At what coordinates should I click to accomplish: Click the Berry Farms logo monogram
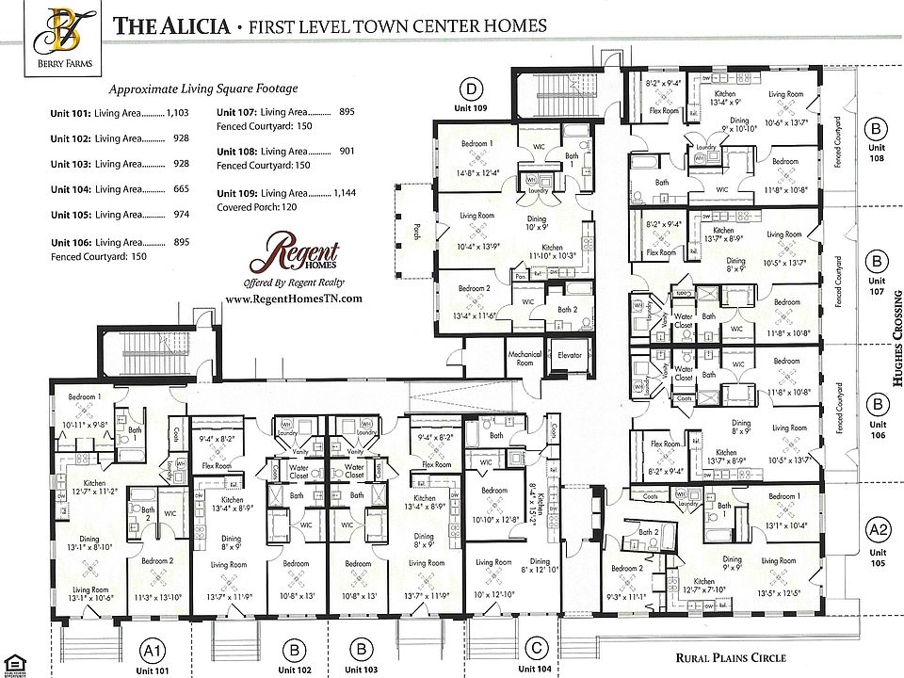coord(60,28)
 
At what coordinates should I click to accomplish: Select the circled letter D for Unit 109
coord(470,90)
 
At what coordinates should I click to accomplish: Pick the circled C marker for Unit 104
coord(538,648)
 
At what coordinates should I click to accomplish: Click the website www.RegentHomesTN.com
coord(294,298)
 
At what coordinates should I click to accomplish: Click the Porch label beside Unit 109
coord(416,231)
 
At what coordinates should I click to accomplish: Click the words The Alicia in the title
coord(171,25)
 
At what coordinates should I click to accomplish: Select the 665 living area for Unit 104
coord(182,189)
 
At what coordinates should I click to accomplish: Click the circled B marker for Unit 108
coord(877,128)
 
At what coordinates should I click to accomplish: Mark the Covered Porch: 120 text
coord(257,206)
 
